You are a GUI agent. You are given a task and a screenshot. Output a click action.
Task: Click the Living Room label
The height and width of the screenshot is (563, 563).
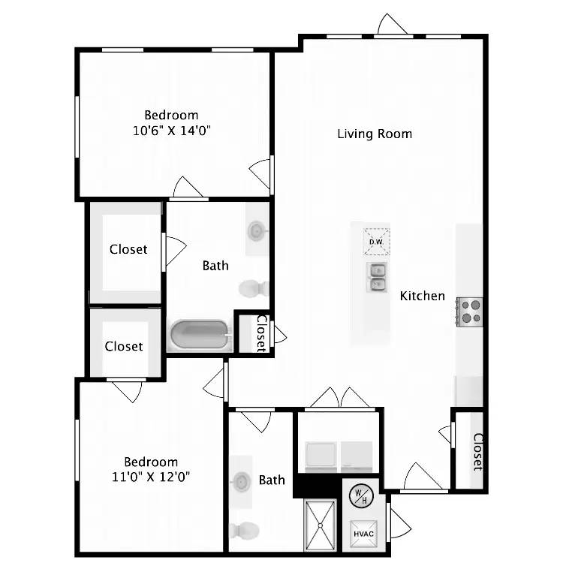375,134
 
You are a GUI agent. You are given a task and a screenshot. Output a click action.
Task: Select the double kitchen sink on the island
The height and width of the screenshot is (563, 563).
377,278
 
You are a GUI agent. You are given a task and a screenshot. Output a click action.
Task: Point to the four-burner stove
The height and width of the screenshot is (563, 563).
471,311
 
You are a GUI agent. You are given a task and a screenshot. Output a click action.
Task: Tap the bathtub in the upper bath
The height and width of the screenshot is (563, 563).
200,336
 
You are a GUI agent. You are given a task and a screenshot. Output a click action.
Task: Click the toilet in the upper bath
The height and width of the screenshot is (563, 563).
254,288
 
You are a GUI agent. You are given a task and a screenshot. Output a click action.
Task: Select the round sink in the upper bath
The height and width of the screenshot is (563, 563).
256,230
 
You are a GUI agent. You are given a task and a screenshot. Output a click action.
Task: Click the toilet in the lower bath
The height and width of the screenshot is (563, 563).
242,531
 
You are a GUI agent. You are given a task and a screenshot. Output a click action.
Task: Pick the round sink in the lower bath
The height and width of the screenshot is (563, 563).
241,480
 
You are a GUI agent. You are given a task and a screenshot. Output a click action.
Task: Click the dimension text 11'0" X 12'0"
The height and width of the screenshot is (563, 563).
151,476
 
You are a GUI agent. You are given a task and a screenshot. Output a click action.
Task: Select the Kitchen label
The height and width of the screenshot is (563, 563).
422,296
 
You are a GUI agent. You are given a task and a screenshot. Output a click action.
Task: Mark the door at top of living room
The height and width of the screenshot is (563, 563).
393,26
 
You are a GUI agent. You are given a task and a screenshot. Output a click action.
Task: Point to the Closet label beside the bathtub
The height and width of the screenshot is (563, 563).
261,333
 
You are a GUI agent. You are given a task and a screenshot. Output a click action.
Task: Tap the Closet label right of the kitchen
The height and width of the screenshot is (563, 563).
477,451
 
